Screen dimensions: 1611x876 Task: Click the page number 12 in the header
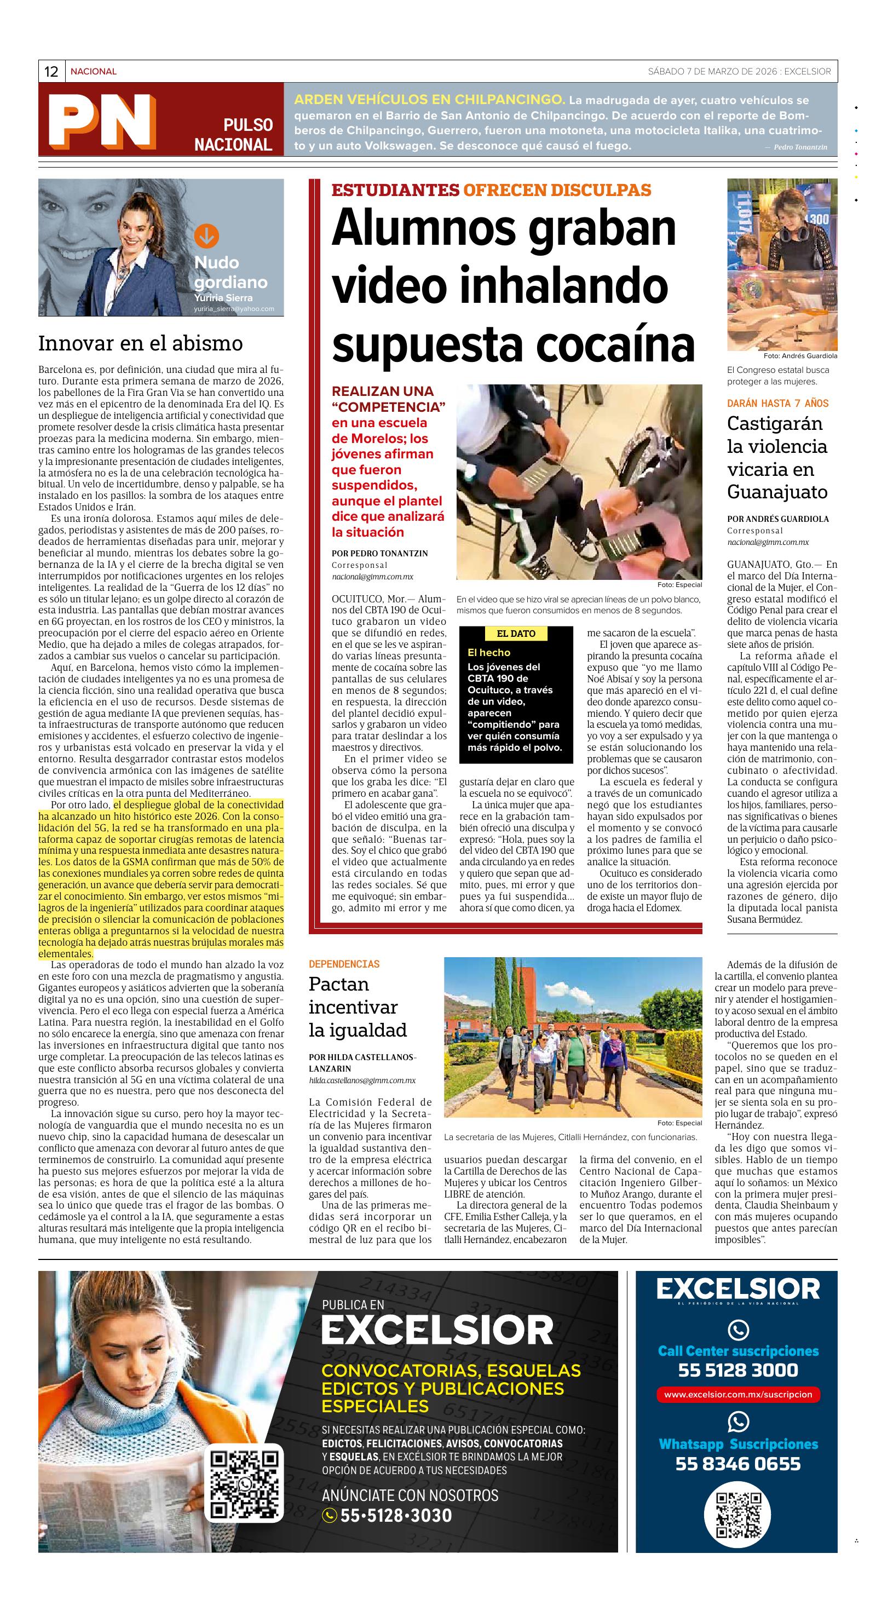[x=51, y=71]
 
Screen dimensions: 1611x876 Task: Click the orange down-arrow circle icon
[x=206, y=236]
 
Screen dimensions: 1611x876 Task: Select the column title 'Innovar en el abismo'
[x=141, y=343]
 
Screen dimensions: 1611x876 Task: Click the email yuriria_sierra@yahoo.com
[x=234, y=309]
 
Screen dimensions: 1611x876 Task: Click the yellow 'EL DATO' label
[x=516, y=634]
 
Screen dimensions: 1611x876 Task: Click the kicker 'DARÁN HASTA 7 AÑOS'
[x=777, y=404]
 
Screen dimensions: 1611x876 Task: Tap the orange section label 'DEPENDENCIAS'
[x=344, y=964]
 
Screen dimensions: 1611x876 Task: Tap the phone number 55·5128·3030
[x=395, y=1515]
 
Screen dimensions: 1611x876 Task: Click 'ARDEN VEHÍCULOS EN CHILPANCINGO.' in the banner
[x=430, y=100]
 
